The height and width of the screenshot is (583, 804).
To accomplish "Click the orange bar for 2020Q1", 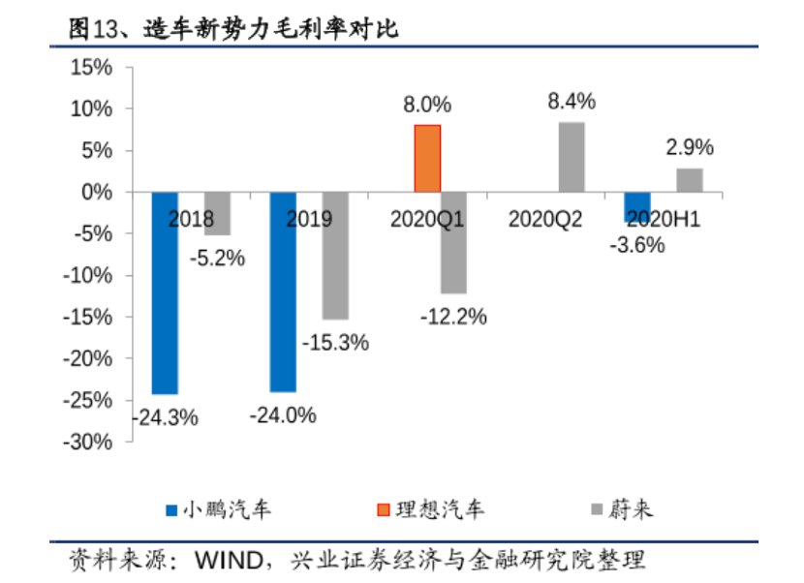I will point(427,159).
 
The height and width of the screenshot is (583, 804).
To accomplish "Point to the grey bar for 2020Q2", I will point(572,157).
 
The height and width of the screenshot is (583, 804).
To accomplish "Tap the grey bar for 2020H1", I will point(689,180).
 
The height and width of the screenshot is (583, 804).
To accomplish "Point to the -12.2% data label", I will point(452,316).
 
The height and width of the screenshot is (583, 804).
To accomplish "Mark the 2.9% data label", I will point(689,148).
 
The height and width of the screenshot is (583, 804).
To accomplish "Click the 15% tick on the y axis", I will point(92,68).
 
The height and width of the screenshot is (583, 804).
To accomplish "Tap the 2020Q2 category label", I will point(545,219).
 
